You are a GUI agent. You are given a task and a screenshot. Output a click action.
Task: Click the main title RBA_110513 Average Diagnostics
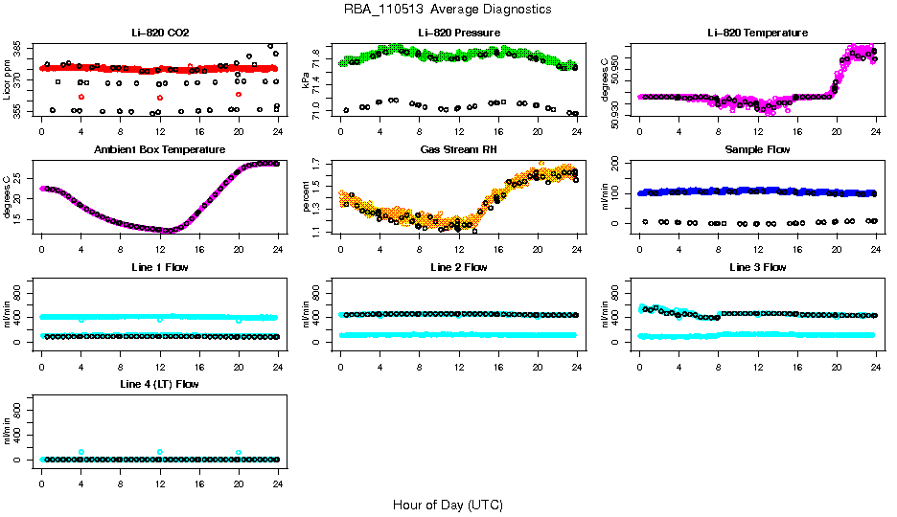(448, 10)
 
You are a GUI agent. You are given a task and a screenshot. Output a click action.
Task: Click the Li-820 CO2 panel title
(160, 33)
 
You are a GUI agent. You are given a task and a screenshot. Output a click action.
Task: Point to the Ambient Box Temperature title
(160, 149)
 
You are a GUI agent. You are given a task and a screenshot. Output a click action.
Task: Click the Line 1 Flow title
(160, 267)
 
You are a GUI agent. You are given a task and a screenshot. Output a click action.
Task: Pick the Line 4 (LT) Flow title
(160, 384)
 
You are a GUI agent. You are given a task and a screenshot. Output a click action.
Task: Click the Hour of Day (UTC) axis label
(448, 505)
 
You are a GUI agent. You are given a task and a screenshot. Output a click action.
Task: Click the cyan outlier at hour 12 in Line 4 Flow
(160, 452)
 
